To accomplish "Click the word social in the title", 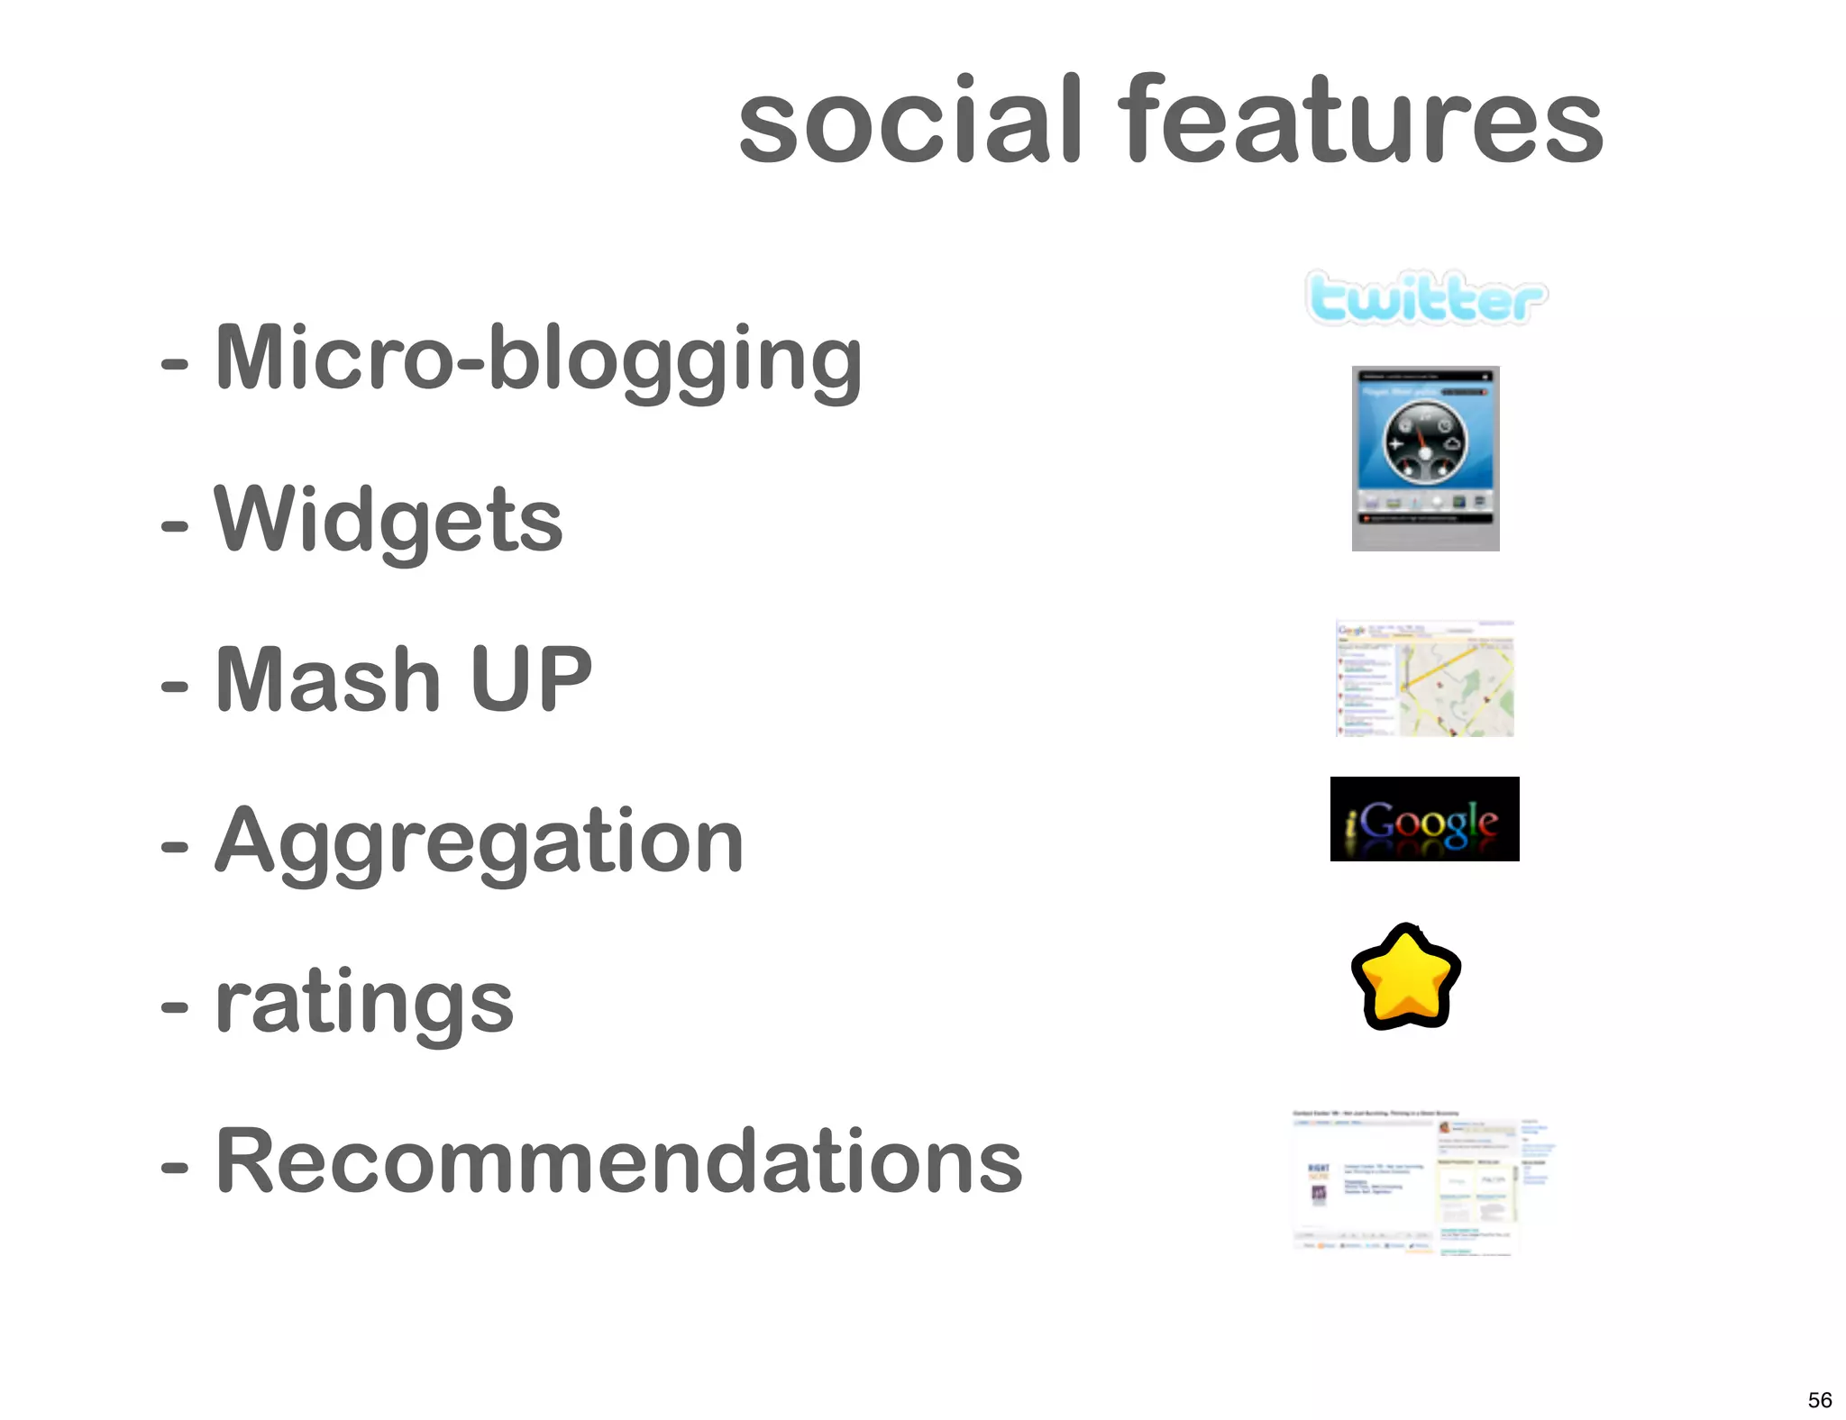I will coord(910,122).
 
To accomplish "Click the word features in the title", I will coord(1360,120).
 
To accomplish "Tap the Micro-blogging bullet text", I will coord(538,359).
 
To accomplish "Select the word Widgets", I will coord(388,520).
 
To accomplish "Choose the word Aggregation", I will coord(479,842).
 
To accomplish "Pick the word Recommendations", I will coord(619,1162).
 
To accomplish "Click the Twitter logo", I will coord(1426,298).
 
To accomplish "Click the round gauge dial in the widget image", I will coord(1425,442).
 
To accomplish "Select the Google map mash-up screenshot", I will coord(1424,678).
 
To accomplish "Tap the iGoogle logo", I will coord(1424,819).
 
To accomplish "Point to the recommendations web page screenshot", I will coord(1424,1182).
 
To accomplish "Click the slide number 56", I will coord(1819,1399).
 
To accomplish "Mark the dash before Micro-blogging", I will coord(174,365).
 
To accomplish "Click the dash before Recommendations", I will coord(174,1169).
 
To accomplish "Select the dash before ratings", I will coord(174,1008).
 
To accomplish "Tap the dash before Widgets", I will coord(174,525).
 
